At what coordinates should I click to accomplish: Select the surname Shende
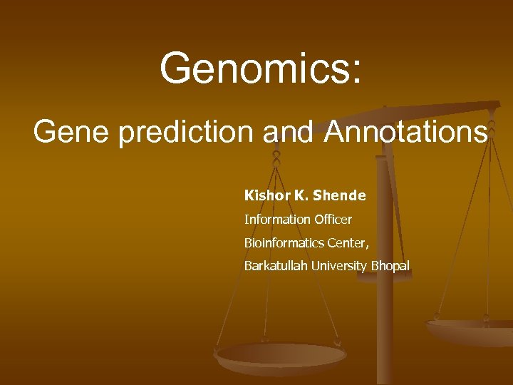339,195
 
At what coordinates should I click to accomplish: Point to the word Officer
332,220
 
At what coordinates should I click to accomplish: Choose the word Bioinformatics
284,243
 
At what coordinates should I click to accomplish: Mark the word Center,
348,243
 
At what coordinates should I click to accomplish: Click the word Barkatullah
275,266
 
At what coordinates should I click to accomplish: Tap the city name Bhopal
390,266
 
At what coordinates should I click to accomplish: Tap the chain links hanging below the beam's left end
276,153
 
